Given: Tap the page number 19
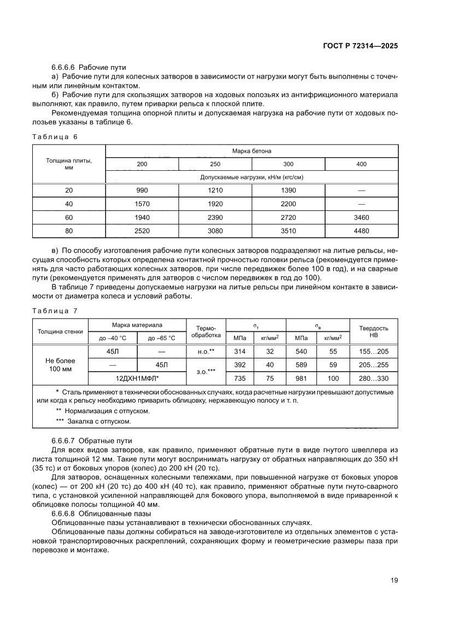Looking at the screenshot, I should coord(394,580).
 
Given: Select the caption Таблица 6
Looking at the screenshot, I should coord(55,136).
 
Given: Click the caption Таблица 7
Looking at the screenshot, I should coord(55,311).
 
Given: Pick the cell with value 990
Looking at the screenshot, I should coord(142,189).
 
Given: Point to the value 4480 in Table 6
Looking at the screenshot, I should coord(361,231).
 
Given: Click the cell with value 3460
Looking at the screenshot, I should coord(361,217).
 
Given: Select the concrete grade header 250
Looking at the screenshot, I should coord(215,164).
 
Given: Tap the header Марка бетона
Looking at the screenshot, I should coord(251,151).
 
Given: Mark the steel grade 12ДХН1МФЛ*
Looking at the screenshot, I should coord(137,378).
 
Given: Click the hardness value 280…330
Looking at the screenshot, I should coord(373,378).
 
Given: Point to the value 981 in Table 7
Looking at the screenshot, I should coord(302,378).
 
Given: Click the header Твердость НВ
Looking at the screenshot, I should coord(373,331).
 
